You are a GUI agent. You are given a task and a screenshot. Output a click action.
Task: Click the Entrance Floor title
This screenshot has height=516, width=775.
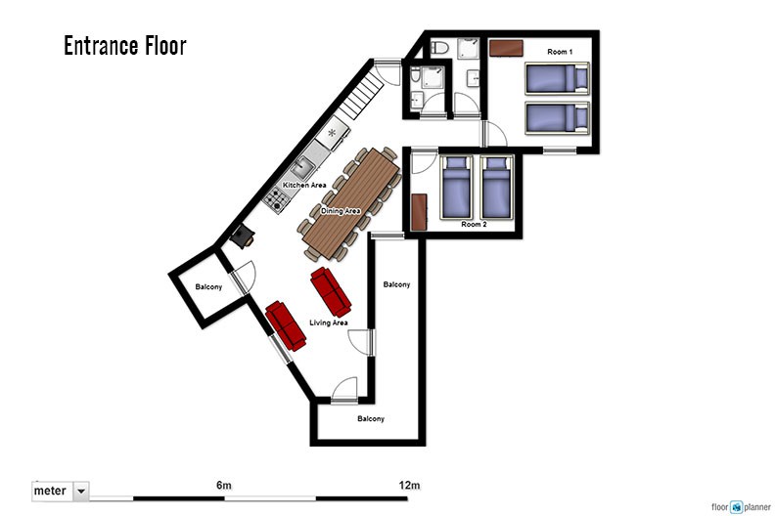125,45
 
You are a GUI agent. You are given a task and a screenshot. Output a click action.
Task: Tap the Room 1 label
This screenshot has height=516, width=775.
560,52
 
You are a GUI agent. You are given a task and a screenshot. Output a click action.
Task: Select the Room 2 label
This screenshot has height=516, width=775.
474,224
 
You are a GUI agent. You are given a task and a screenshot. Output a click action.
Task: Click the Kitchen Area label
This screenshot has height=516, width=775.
304,185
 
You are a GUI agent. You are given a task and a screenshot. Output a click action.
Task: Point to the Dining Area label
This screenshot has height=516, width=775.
341,211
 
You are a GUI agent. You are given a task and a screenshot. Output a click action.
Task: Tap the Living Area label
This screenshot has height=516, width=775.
328,322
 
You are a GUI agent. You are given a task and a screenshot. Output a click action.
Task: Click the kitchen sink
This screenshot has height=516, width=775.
302,168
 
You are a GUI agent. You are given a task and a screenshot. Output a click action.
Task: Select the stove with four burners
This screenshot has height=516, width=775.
276,199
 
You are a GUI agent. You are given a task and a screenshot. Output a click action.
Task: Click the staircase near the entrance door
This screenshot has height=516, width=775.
361,95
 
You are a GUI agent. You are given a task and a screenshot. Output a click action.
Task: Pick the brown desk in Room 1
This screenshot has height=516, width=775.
506,49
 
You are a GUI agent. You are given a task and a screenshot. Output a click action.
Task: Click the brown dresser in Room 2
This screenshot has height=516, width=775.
419,212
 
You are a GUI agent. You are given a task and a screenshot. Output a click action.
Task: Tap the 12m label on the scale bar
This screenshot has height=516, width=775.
409,486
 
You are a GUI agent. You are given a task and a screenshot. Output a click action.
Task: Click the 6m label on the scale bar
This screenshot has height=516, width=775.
224,486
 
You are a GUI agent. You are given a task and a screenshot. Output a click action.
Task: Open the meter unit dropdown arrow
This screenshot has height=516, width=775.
81,492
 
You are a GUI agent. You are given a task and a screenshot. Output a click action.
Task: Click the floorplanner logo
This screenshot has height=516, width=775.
741,507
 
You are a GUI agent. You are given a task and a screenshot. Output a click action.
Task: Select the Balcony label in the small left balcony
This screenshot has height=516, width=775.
208,287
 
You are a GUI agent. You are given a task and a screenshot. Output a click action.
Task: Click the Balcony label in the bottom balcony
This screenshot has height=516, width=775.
371,418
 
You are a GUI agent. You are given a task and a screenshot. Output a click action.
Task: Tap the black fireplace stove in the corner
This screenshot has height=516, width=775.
243,236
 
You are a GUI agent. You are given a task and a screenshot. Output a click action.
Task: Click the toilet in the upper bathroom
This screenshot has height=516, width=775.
439,48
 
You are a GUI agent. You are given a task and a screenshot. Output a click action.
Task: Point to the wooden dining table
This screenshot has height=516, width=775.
351,203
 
